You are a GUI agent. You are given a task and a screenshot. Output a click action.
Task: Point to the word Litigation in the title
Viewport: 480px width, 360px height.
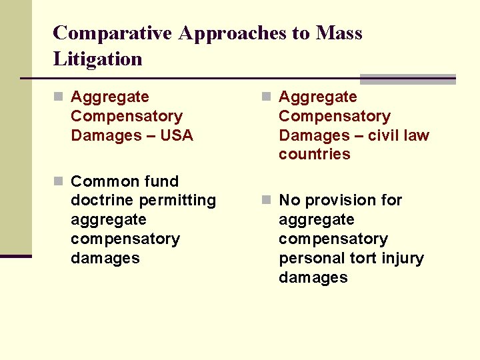(x=97, y=59)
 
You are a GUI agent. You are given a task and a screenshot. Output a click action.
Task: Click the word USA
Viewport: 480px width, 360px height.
(x=177, y=135)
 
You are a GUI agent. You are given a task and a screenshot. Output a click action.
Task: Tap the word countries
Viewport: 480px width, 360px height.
(x=314, y=154)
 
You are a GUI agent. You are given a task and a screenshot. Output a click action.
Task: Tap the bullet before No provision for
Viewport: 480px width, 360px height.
(x=266, y=201)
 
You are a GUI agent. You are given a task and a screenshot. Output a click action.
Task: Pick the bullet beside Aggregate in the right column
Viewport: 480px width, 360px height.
(x=266, y=97)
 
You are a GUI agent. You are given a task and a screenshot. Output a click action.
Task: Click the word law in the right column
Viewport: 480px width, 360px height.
(x=417, y=135)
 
